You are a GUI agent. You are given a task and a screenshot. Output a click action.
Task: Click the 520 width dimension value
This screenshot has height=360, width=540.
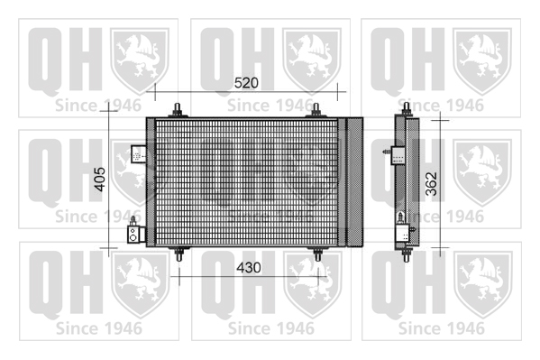(x=246, y=83)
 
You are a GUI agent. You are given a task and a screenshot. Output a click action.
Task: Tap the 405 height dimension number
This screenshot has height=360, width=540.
(x=100, y=179)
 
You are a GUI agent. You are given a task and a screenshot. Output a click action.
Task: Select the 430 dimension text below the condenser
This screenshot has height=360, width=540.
(x=249, y=268)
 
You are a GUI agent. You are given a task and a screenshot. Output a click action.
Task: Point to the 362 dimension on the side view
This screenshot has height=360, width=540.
(x=431, y=184)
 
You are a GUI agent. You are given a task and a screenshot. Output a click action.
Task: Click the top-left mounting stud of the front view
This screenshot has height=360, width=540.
(x=178, y=110)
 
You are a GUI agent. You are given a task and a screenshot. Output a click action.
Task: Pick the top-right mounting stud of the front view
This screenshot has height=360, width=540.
(x=316, y=110)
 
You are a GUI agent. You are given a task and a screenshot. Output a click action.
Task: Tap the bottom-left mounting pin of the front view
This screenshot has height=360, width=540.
(x=178, y=254)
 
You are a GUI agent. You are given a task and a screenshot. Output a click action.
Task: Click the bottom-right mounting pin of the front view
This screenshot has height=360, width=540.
(x=317, y=254)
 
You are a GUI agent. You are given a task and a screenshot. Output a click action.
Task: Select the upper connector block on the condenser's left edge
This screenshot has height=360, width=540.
(x=139, y=154)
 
